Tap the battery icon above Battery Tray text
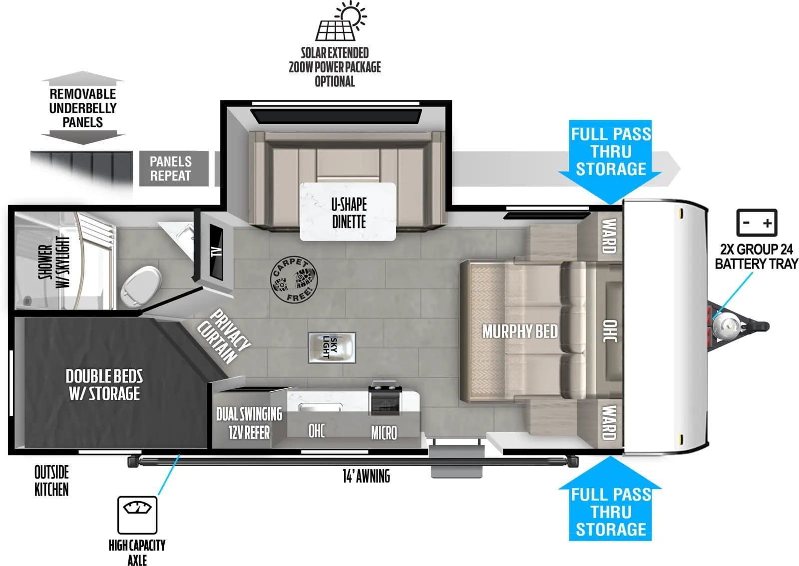pos(757,223)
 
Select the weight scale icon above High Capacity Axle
pos(137,515)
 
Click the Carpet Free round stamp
pos(294,280)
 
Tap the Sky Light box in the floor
pos(332,347)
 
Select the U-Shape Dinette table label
pos(348,212)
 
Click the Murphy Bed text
pos(519,331)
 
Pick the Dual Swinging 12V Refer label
pos(249,423)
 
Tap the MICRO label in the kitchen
pos(384,433)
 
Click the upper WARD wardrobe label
pos(608,236)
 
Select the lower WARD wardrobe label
pos(608,422)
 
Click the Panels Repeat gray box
pos(170,169)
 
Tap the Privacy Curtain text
pos(223,336)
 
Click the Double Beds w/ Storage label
pos(104,384)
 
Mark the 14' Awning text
pos(366,476)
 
